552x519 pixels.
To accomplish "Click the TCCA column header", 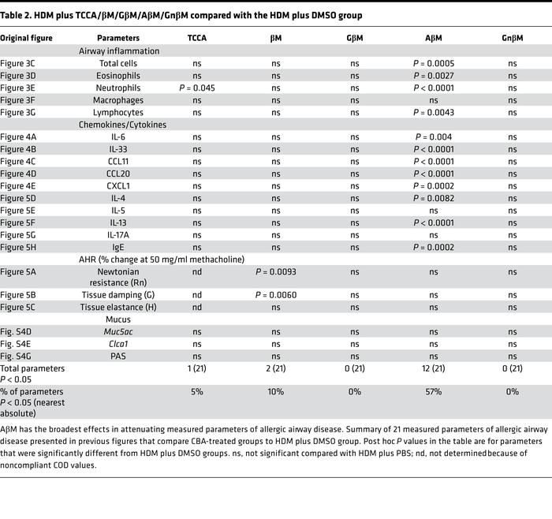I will [197, 38].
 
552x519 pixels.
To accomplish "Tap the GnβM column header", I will [513, 38].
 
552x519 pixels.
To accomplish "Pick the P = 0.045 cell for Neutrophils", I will [197, 88].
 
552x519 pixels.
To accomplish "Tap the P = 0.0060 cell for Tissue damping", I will [276, 296].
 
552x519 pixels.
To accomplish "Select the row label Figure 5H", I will [19, 247].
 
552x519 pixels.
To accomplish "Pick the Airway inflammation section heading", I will [119, 51].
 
